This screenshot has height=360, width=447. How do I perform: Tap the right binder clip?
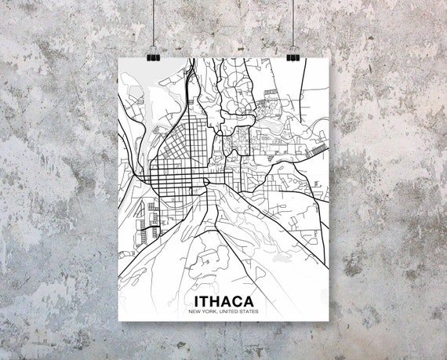293,56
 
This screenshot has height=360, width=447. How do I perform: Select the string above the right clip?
295,24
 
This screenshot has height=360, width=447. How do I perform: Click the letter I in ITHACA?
192,302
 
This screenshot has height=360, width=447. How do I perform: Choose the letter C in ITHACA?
239,302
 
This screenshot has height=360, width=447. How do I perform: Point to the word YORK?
206,312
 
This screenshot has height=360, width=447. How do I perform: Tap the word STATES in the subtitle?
248,312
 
